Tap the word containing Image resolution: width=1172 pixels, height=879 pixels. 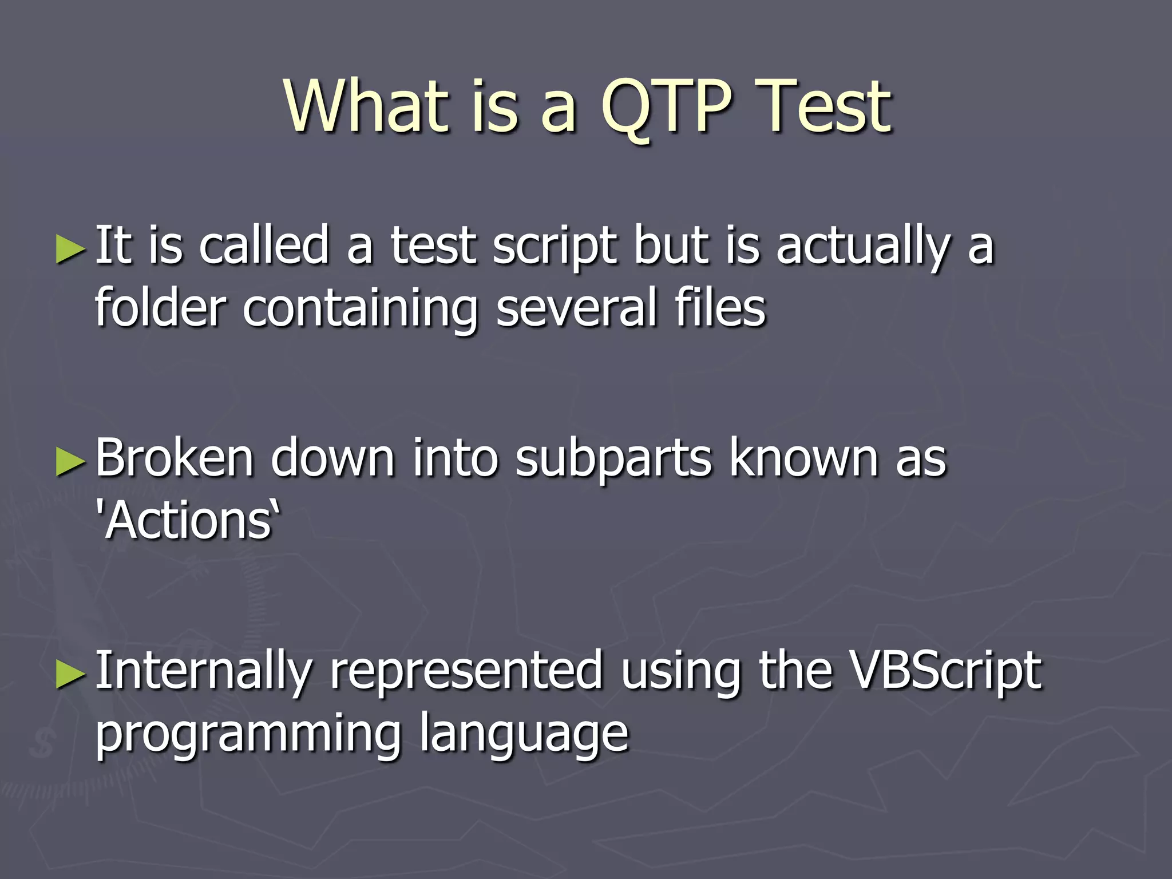pyautogui.click(x=360, y=309)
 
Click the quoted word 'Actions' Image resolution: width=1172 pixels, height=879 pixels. pyautogui.click(x=189, y=521)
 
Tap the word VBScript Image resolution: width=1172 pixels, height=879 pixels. pyautogui.click(x=945, y=671)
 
